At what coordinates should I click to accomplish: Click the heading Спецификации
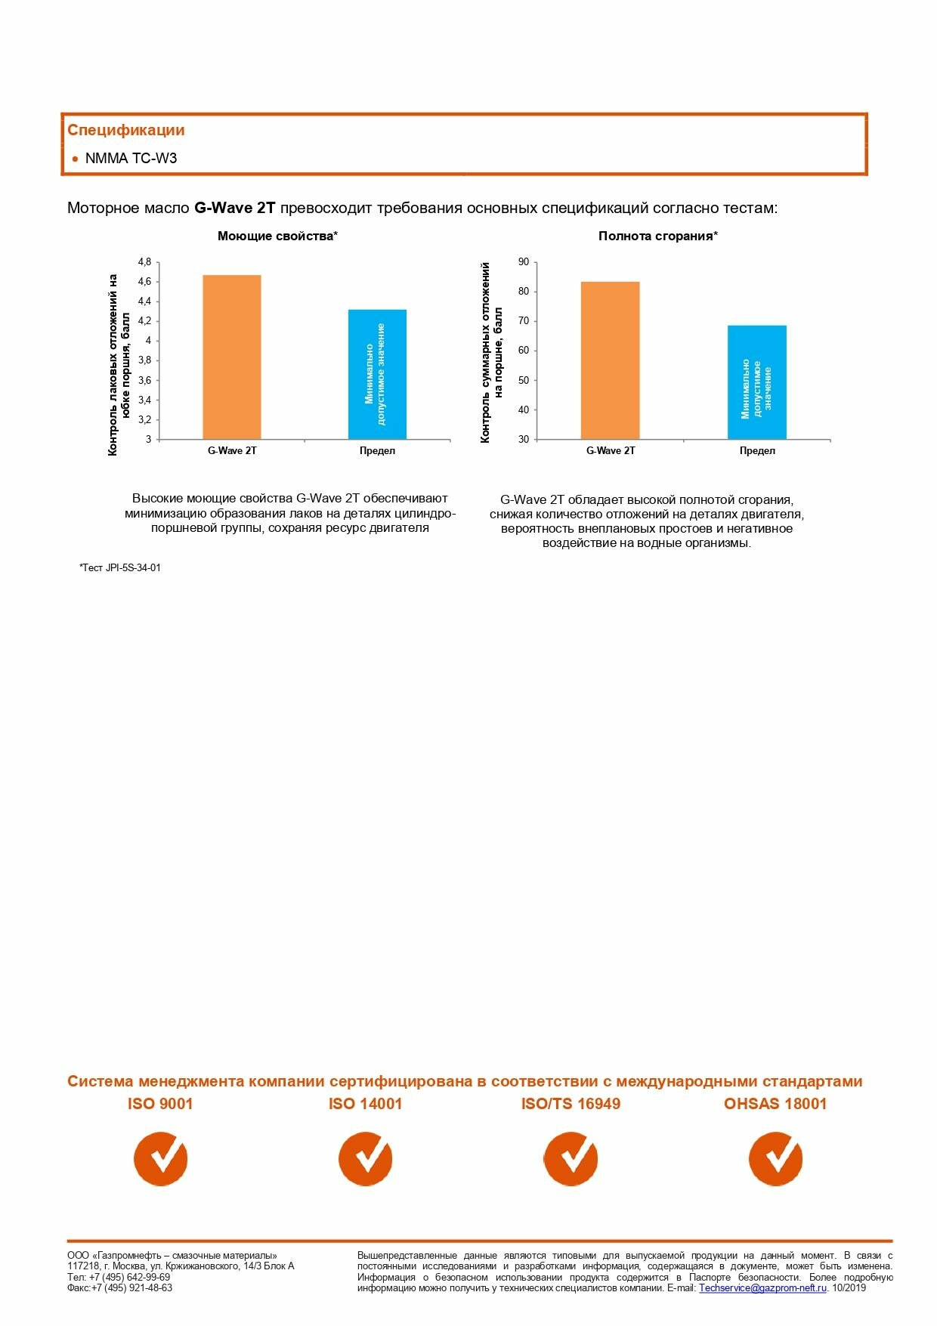tap(125, 130)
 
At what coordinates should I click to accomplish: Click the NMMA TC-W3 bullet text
tap(131, 159)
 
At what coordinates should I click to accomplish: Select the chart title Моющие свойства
tap(277, 236)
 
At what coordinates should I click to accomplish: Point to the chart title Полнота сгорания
tap(657, 236)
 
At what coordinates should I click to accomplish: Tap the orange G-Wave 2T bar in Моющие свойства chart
tap(232, 357)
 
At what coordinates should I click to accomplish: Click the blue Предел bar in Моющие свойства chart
tap(377, 374)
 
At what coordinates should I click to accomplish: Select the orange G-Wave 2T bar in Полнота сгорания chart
tap(610, 360)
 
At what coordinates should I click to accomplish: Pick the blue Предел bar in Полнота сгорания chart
tap(756, 382)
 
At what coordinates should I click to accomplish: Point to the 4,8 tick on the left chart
tap(144, 262)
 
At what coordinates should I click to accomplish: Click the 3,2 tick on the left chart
tap(144, 419)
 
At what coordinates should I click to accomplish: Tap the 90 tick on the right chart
tap(524, 262)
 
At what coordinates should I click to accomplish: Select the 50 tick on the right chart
tap(524, 380)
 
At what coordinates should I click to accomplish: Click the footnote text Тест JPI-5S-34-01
tap(120, 568)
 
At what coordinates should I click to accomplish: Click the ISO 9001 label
tap(160, 1104)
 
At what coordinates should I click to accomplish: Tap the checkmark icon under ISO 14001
tap(365, 1158)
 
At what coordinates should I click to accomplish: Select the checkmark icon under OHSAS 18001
tap(775, 1158)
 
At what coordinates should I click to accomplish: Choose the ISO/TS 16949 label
tap(571, 1104)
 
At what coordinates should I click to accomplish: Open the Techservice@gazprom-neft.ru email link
tap(762, 1288)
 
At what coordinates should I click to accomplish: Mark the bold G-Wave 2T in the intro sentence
tap(235, 208)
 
